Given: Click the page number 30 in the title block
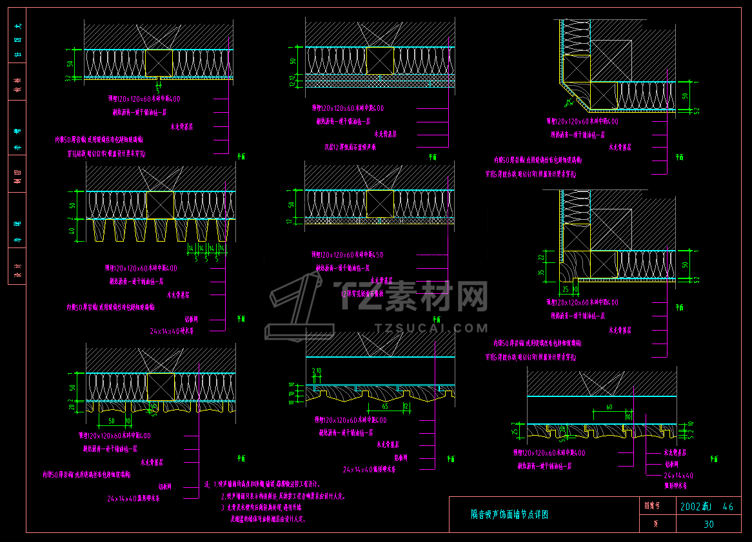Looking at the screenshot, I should (x=708, y=524).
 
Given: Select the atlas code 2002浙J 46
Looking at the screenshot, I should (x=707, y=507).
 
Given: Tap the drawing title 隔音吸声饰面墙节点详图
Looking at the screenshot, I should (x=510, y=514).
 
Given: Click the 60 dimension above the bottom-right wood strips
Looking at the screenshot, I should (x=608, y=407).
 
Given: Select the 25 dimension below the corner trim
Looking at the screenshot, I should (x=566, y=289).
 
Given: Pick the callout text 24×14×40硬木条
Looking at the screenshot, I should (x=172, y=331).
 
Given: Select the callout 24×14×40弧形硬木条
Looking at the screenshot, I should (x=134, y=498).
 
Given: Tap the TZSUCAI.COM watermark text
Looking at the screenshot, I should (x=431, y=328).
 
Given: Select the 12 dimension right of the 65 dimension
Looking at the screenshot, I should (x=405, y=407).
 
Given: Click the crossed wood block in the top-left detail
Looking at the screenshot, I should (x=159, y=63).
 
